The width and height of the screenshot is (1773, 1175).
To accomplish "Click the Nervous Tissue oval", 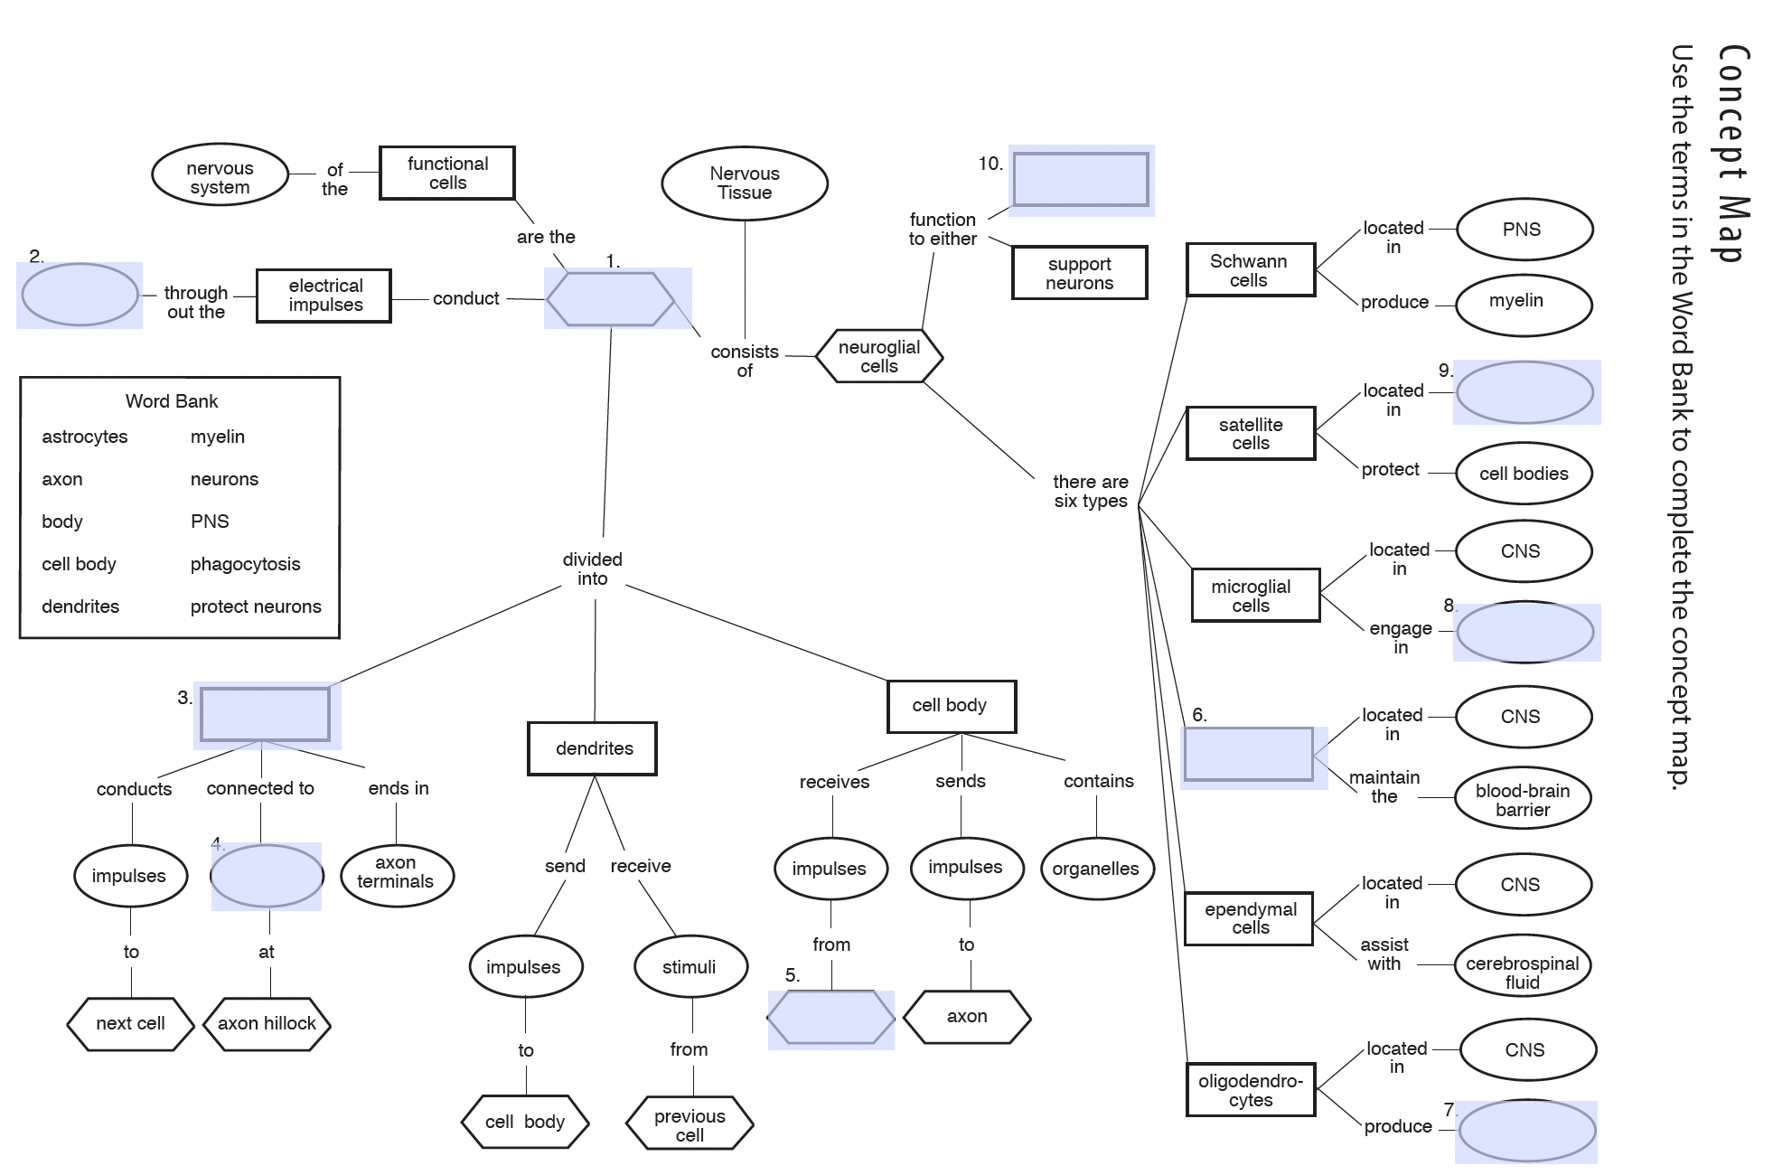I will pyautogui.click(x=744, y=183).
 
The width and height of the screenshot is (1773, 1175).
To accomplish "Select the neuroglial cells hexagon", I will pyautogui.click(x=878, y=356).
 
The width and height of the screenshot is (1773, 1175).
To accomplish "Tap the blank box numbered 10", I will pyautogui.click(x=1080, y=180).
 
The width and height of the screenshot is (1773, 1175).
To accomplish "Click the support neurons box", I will pyautogui.click(x=1079, y=273).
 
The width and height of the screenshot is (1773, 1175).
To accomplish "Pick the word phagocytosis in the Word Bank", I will pyautogui.click(x=245, y=564).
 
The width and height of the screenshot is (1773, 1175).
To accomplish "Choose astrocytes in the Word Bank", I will pyautogui.click(x=85, y=437).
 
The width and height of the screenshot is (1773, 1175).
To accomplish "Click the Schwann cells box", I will pyautogui.click(x=1249, y=270).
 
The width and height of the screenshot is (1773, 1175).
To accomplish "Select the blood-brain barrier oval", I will pyautogui.click(x=1522, y=800).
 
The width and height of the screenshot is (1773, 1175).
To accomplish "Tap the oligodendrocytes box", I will pyautogui.click(x=1250, y=1090).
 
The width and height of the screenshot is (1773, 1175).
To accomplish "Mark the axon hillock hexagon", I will pyautogui.click(x=267, y=1023).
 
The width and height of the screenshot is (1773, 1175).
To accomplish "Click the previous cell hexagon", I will pyautogui.click(x=689, y=1124).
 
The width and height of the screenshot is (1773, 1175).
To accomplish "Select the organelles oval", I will pyautogui.click(x=1095, y=869).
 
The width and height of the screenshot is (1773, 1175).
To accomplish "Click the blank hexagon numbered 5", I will pyautogui.click(x=830, y=1019).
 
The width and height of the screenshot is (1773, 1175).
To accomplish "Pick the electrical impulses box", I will pyautogui.click(x=324, y=296).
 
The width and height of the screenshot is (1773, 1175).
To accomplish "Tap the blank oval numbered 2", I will pyautogui.click(x=80, y=294).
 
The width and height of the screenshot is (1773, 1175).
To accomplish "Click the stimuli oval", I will pyautogui.click(x=690, y=967).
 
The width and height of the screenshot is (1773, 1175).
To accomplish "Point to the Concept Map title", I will pyautogui.click(x=1733, y=154).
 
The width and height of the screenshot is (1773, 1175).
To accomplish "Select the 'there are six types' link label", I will pyautogui.click(x=1090, y=492).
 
